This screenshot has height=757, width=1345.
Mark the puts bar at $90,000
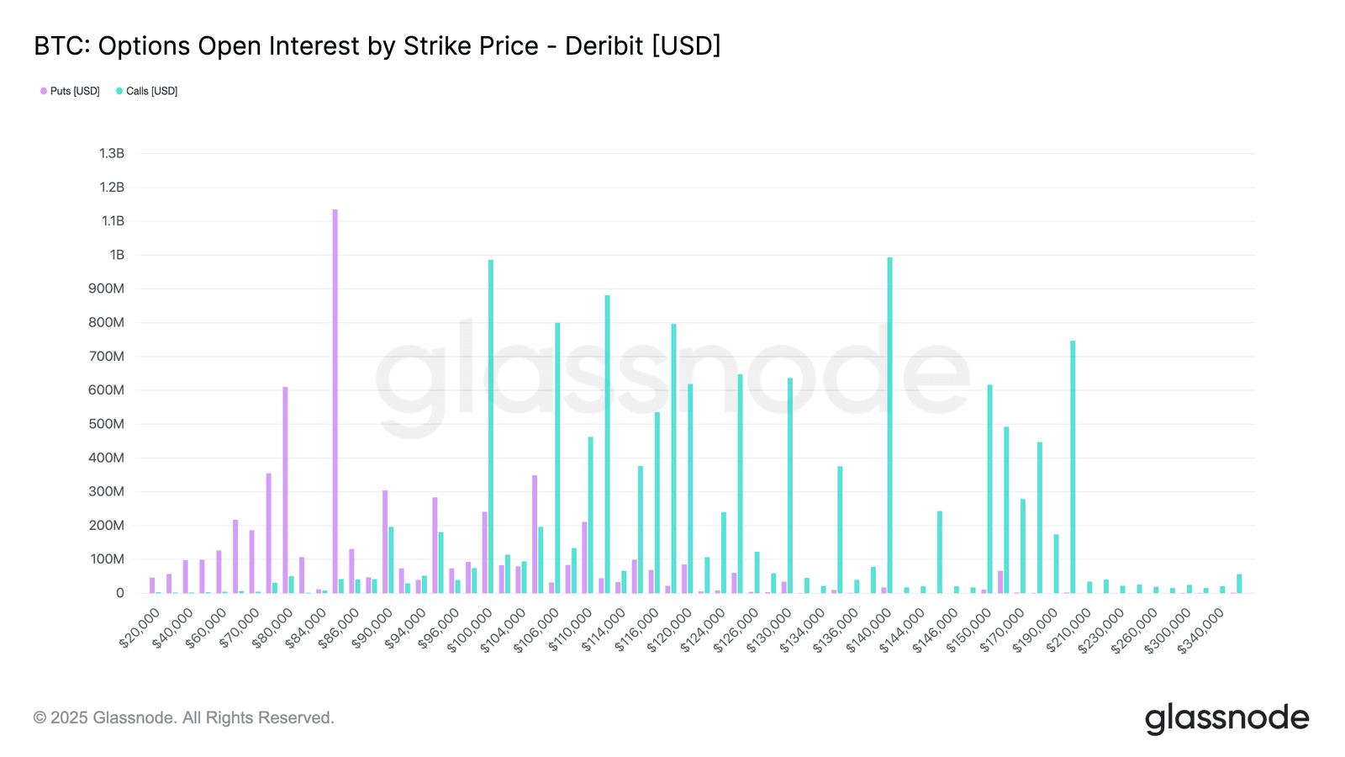click(x=385, y=542)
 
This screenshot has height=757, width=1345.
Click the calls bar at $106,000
click(x=557, y=458)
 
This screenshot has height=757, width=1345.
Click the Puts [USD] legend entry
click(x=71, y=91)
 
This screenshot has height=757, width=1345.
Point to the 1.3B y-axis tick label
click(x=112, y=153)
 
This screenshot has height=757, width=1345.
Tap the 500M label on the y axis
click(x=107, y=424)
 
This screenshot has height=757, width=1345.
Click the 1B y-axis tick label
click(x=117, y=255)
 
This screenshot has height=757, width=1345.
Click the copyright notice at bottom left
click(x=183, y=717)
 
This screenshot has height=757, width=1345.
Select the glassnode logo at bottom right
click(x=1226, y=718)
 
